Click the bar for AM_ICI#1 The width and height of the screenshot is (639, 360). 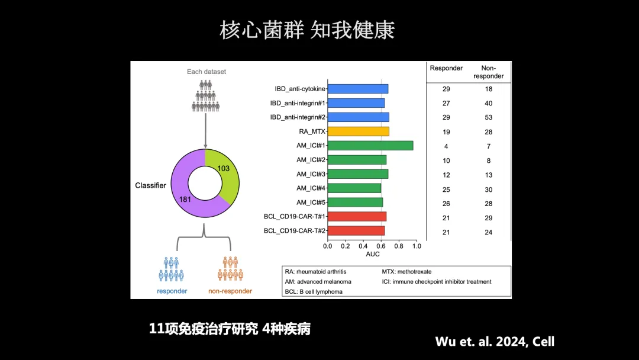(370, 146)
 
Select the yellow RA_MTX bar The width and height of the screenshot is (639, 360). (358, 131)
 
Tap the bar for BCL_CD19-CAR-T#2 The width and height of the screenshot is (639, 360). (356, 231)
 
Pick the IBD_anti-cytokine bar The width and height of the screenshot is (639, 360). (358, 89)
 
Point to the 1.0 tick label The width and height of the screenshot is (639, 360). (417, 246)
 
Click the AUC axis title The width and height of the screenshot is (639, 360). (373, 254)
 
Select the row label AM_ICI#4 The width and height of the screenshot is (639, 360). (311, 188)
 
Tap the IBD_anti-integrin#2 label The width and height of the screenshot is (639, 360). (298, 117)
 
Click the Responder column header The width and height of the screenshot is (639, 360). (446, 68)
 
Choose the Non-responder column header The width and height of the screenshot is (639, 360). (489, 72)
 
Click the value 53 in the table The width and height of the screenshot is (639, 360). (489, 117)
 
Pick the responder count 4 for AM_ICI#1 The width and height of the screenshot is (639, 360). (446, 146)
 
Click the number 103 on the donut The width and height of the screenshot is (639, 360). (223, 168)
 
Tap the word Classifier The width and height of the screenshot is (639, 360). (151, 185)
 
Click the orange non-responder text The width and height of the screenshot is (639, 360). (230, 291)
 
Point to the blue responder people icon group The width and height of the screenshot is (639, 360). (172, 269)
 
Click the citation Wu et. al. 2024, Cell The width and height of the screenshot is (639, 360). (495, 342)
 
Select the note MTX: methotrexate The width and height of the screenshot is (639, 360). (406, 272)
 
